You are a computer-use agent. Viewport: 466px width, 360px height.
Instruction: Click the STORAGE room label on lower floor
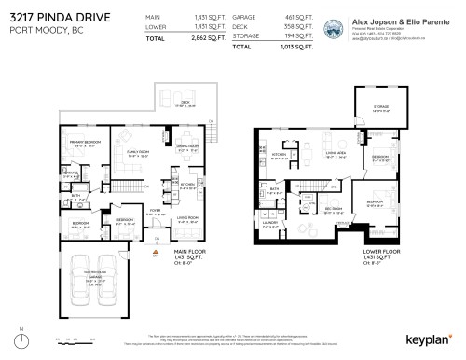click(378, 108)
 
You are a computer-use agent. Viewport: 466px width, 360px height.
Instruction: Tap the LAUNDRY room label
click(269, 224)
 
